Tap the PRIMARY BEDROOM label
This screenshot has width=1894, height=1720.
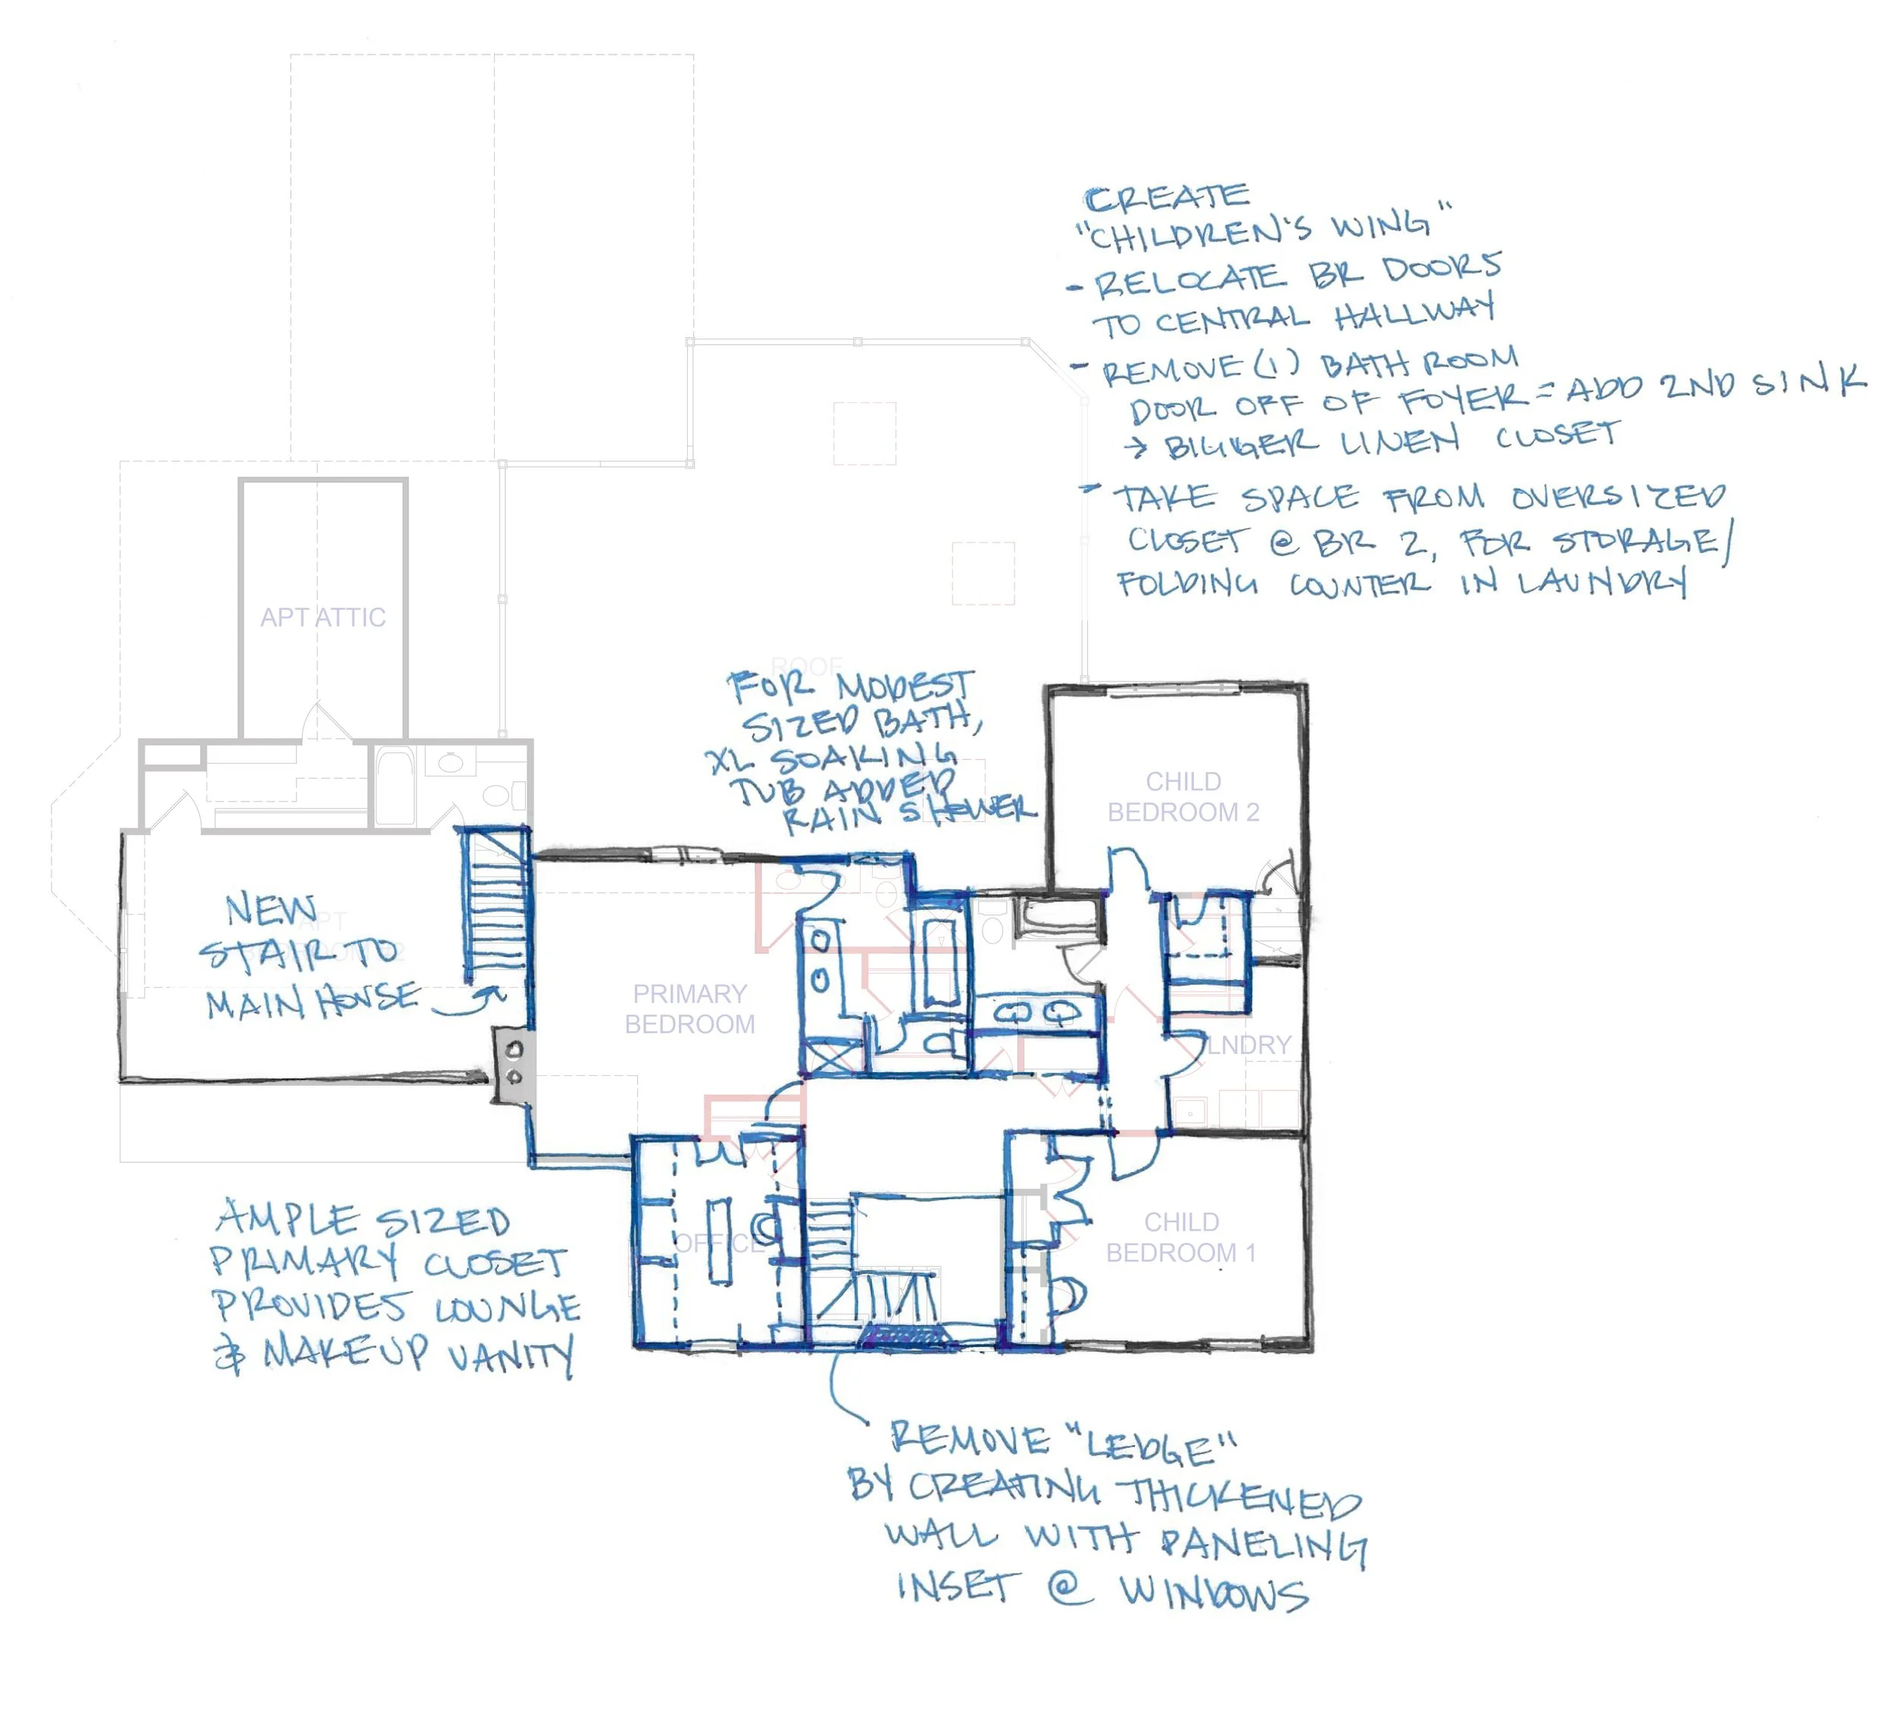689,1009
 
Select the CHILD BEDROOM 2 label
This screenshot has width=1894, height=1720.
1183,796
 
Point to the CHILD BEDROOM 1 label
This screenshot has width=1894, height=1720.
1181,1237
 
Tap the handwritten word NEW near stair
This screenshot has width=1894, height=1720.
270,909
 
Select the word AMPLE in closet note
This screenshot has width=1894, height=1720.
287,1219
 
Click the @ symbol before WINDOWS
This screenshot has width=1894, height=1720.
1069,1587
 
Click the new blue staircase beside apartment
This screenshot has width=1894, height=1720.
494,906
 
